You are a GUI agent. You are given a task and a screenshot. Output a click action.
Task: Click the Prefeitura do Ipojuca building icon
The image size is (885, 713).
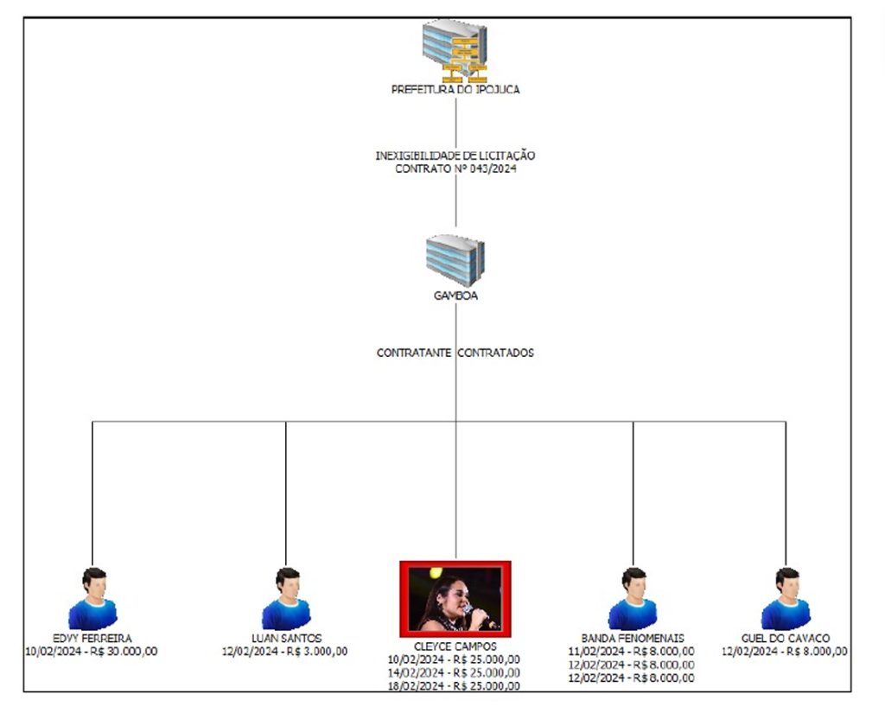click(x=455, y=51)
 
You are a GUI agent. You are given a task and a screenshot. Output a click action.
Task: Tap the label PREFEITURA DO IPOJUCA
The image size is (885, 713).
click(x=455, y=90)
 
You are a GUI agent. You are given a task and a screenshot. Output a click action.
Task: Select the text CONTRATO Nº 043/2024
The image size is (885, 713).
click(x=455, y=169)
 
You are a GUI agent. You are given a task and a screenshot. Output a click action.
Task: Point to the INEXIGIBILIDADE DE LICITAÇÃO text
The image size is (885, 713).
click(x=455, y=156)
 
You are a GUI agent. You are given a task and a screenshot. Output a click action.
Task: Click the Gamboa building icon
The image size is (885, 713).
click(x=455, y=260)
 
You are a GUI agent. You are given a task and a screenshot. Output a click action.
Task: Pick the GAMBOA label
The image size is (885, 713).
click(x=455, y=296)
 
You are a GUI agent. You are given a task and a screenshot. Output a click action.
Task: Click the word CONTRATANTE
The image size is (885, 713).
click(x=414, y=353)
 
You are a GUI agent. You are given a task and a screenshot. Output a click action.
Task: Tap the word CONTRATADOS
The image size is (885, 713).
click(x=495, y=353)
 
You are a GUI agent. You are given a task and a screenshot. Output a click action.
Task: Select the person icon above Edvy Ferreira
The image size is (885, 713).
click(x=92, y=599)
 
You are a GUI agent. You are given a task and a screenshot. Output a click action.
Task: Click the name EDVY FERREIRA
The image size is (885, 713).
click(x=92, y=639)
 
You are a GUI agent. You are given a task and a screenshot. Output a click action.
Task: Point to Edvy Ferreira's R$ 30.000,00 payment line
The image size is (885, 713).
click(x=92, y=652)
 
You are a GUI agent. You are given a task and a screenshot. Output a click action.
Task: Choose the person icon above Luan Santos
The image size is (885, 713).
click(x=286, y=599)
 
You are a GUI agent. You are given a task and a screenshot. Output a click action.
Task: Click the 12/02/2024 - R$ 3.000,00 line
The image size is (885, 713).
click(x=284, y=652)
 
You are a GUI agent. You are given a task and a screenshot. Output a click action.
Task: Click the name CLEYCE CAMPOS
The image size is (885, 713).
click(x=455, y=646)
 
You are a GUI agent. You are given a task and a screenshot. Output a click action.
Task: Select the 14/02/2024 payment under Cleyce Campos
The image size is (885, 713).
click(x=454, y=673)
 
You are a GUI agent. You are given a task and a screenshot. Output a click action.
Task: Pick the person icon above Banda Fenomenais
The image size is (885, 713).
click(x=633, y=599)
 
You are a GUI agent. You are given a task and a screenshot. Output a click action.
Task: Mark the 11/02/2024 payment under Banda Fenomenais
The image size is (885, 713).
click(x=632, y=652)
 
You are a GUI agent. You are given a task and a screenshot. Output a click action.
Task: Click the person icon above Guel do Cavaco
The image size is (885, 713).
click(x=786, y=599)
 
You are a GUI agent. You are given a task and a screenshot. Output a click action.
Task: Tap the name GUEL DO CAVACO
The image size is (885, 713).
click(x=786, y=639)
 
